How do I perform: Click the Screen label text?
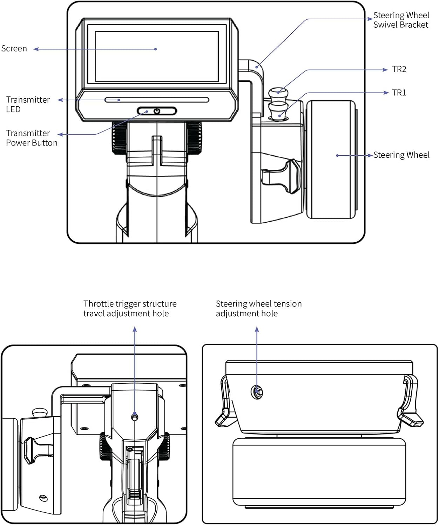14,48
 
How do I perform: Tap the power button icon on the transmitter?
157,111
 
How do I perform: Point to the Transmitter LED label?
28,104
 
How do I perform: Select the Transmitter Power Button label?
32,138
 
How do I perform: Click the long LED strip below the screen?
157,100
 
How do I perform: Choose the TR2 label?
399,69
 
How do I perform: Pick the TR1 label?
399,93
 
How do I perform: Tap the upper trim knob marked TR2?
278,93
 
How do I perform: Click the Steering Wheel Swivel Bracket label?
401,20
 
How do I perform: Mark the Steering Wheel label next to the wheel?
401,155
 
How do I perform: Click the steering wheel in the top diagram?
331,160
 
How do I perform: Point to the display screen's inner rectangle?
157,56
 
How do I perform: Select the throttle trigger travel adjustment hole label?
130,309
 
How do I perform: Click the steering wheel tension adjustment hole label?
258,309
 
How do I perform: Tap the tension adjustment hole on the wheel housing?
257,392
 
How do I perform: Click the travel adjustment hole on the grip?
135,417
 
